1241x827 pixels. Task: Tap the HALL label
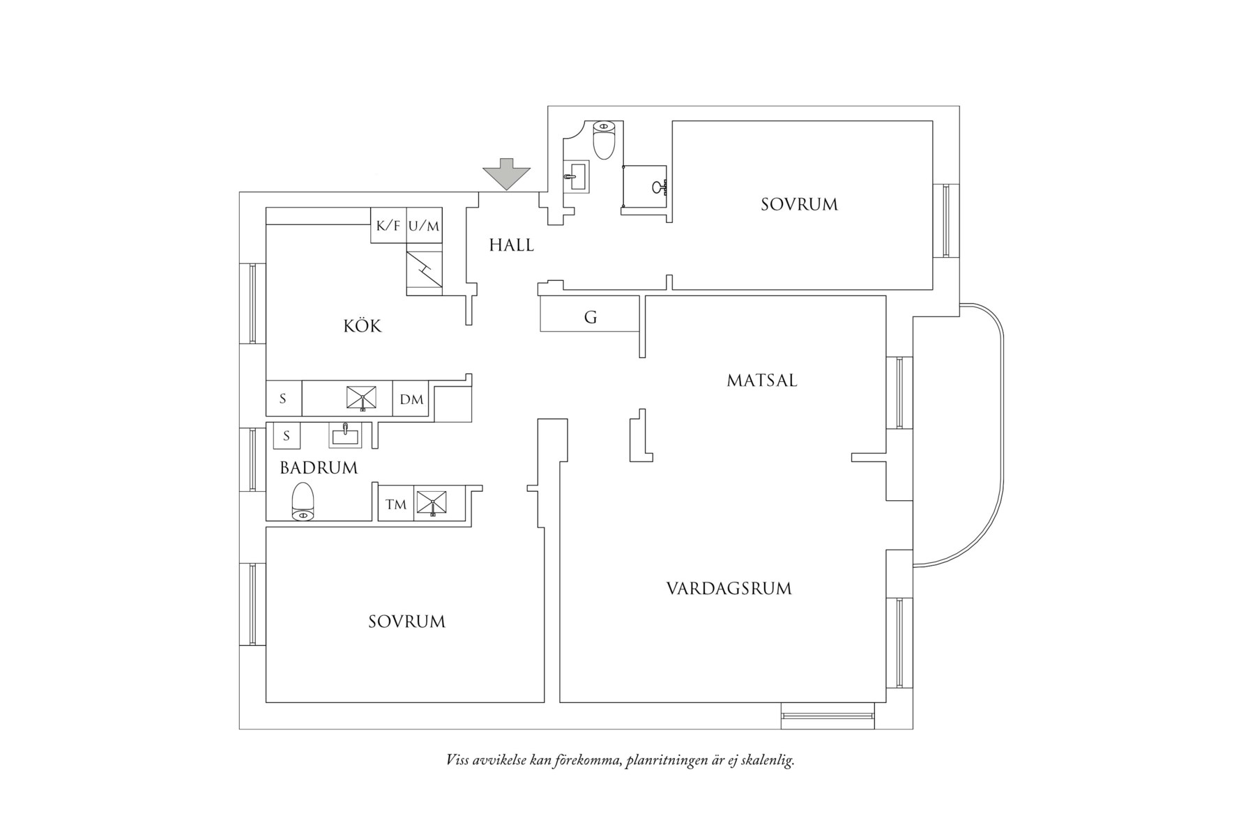[x=511, y=245]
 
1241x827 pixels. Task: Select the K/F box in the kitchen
[x=388, y=226]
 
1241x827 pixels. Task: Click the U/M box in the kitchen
[x=424, y=226]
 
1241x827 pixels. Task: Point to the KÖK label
[x=363, y=326]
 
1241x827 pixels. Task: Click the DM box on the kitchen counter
[x=411, y=399]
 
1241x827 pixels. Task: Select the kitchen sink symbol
[x=362, y=398]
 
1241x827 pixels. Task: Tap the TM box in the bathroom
[x=395, y=504]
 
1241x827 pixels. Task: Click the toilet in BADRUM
[x=303, y=501]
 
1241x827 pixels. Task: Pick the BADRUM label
[x=319, y=468]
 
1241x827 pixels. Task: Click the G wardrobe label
[x=591, y=318]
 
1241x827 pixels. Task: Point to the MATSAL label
[x=761, y=381]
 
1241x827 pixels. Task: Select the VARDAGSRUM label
[x=729, y=589]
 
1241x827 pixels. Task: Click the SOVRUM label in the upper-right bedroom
[x=799, y=205]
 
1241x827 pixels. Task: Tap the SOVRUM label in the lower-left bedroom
[x=406, y=621]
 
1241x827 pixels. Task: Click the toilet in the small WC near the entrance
[x=603, y=140]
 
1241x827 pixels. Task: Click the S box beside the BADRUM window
[x=286, y=436]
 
